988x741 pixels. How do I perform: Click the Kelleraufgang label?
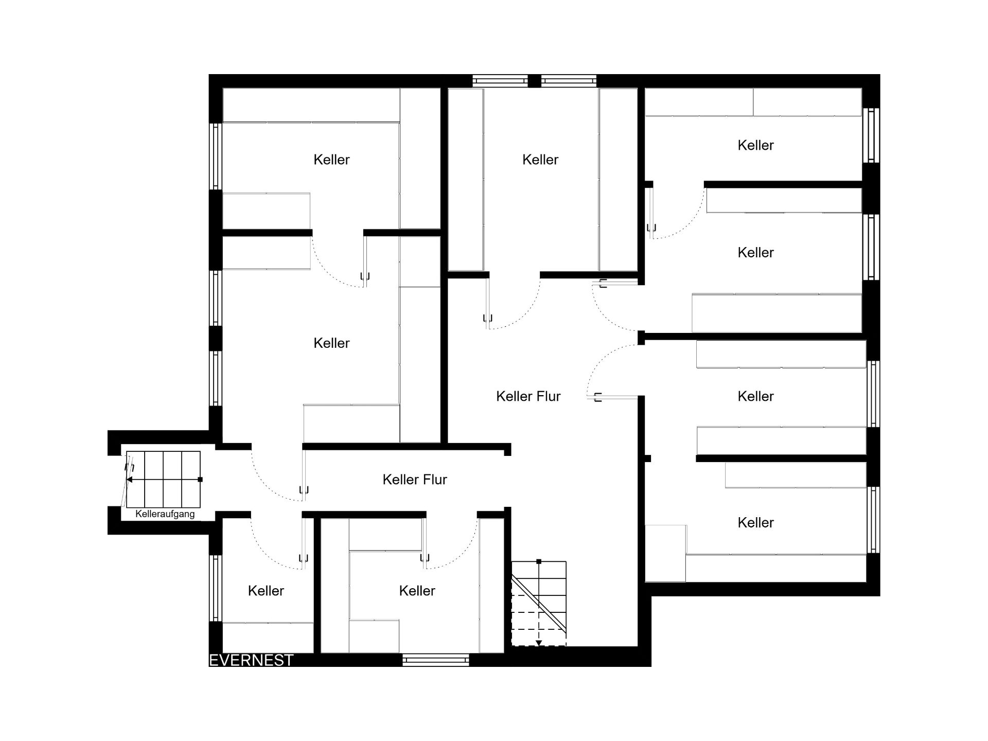pyautogui.click(x=165, y=514)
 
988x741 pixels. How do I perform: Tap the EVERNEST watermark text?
pyautogui.click(x=251, y=660)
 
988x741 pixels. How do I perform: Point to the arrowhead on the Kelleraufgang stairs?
pyautogui.click(x=130, y=480)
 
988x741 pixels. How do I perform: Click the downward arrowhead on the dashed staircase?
pyautogui.click(x=539, y=643)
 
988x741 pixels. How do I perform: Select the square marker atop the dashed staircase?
pyautogui.click(x=539, y=561)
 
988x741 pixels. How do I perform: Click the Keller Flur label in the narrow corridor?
pyautogui.click(x=415, y=480)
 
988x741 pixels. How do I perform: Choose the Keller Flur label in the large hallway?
pyautogui.click(x=528, y=396)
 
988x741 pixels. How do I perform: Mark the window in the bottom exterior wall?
pyautogui.click(x=435, y=660)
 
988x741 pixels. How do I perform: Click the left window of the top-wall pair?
pyautogui.click(x=500, y=81)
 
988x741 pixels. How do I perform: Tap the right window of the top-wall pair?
pyautogui.click(x=569, y=81)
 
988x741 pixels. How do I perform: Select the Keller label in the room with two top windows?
pyautogui.click(x=540, y=160)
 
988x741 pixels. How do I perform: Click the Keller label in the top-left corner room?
pyautogui.click(x=331, y=160)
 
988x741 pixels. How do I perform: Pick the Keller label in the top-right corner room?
pyautogui.click(x=755, y=145)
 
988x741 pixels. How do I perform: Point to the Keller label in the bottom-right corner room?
pyautogui.click(x=755, y=523)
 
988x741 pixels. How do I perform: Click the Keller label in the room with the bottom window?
pyautogui.click(x=417, y=591)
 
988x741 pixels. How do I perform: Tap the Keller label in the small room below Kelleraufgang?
pyautogui.click(x=266, y=591)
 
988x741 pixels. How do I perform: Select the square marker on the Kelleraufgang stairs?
pyautogui.click(x=200, y=480)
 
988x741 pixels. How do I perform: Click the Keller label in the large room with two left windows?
pyautogui.click(x=331, y=343)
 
